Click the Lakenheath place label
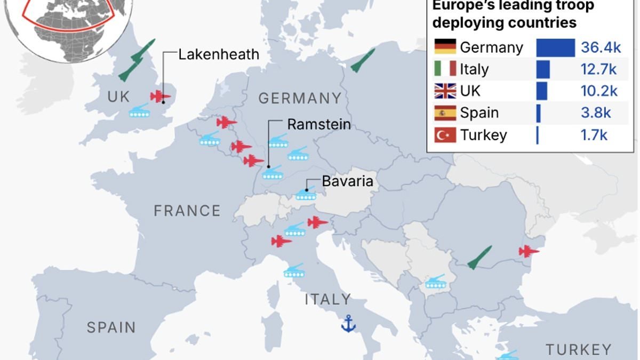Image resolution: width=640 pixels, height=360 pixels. coord(219,54)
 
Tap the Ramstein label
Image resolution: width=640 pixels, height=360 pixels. coord(319,124)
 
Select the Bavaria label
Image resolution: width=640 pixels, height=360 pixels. coord(347,181)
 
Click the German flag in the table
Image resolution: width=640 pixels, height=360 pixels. coord(445,47)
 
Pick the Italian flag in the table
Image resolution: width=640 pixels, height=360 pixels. coord(445,69)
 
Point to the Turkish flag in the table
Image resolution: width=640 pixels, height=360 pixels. coord(445,135)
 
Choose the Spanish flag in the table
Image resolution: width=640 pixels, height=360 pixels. coord(445,113)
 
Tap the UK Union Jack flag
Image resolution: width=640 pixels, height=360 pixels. coord(445,91)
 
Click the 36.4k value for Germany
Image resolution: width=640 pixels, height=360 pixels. coord(601,47)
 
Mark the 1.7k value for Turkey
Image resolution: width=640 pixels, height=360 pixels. coord(594,135)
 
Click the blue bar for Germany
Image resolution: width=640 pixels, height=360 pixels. coord(555,47)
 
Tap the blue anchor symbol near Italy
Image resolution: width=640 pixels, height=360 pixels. coord(348,323)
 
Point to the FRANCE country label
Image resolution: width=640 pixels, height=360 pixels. coord(187,211)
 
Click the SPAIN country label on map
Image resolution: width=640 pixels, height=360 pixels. coord(111,327)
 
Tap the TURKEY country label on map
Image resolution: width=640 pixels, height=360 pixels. coord(578,350)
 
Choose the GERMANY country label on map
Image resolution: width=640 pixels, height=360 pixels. coord(300,98)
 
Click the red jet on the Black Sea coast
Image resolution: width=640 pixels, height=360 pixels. coord(529,251)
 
